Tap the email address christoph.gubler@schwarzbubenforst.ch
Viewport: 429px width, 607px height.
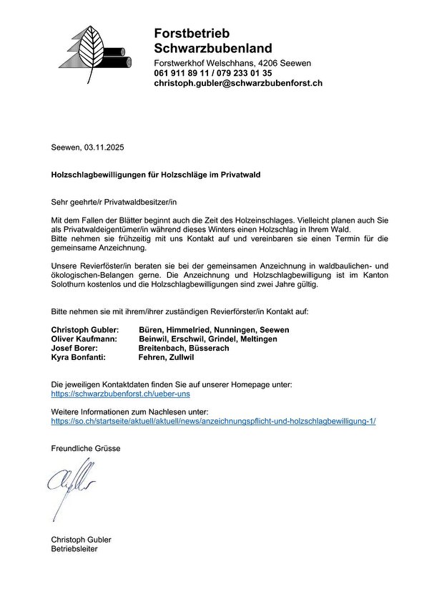tap(238, 84)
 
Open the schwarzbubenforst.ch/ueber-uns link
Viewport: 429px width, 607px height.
tap(121, 394)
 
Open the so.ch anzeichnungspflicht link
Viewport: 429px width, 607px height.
tap(214, 422)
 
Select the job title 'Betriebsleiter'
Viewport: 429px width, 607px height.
tap(74, 549)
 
